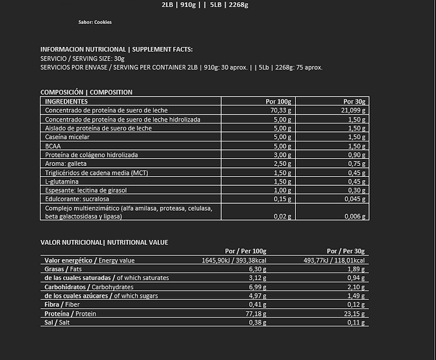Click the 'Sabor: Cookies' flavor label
pos(95,22)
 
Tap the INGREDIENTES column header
pos(66,102)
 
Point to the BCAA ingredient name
pos(53,146)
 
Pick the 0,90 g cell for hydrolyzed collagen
pos(357,155)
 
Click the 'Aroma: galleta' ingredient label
pos(66,164)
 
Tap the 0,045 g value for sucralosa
pos(354,199)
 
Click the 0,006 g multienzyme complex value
pos(354,217)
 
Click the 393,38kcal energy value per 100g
pos(249,260)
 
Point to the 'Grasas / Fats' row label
pos(64,269)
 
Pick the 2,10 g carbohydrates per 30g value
pos(356,287)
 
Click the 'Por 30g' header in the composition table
pos(354,102)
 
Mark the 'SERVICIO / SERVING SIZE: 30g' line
pos(82,58)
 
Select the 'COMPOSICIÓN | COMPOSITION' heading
pos(86,92)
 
